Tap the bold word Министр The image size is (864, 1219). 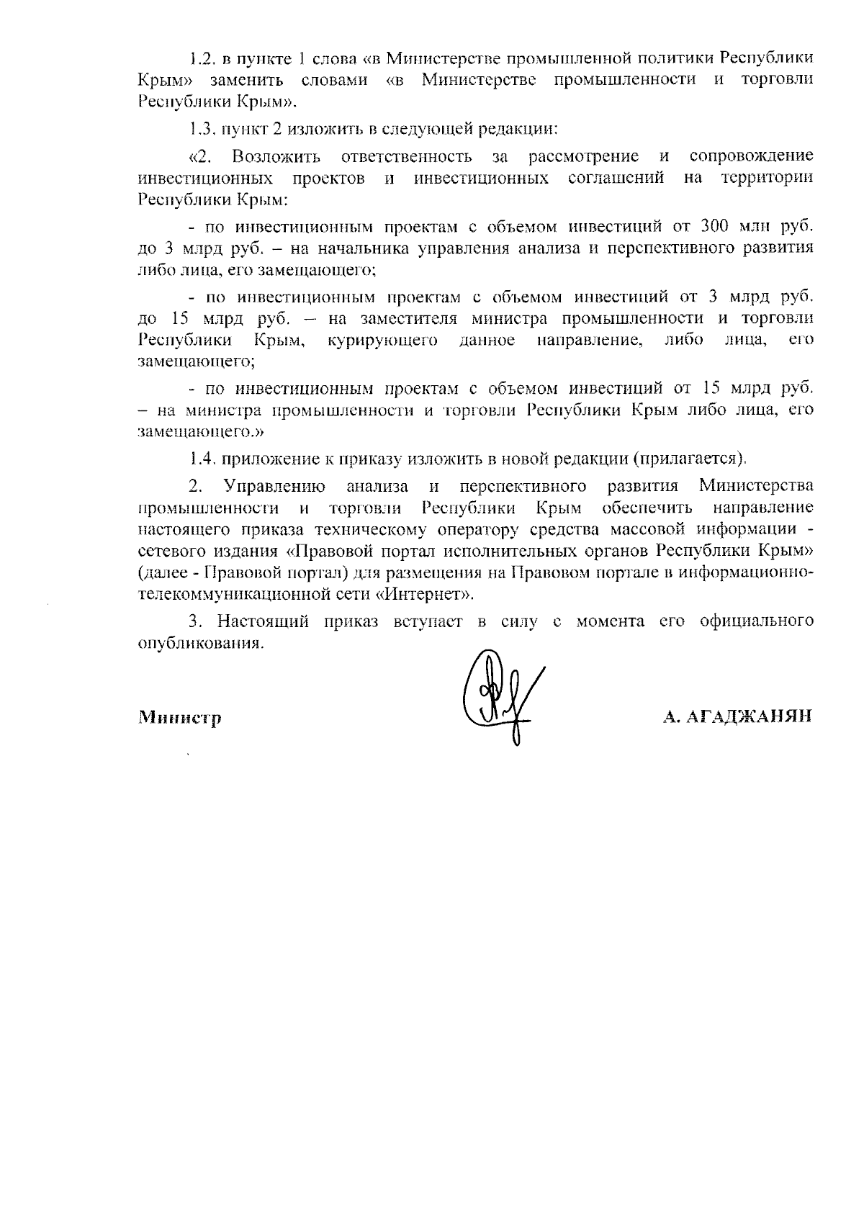(179, 718)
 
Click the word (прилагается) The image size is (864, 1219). (688, 458)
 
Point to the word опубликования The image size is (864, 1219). (197, 643)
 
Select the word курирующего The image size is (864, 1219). (382, 340)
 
